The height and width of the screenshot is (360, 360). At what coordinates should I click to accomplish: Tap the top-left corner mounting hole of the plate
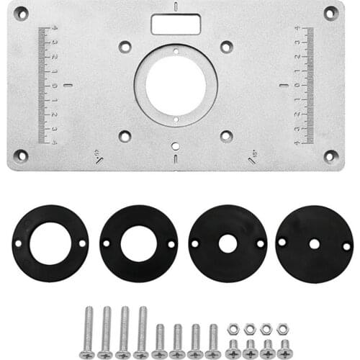[21, 13]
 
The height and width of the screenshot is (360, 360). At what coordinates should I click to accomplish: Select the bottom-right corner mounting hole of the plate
[330, 155]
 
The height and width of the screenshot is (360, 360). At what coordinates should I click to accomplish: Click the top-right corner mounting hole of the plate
[330, 12]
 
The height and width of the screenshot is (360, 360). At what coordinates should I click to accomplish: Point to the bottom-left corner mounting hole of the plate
[21, 155]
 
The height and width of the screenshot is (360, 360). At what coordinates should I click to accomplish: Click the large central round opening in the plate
[175, 85]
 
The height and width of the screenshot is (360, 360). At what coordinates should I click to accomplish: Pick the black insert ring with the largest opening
[50, 243]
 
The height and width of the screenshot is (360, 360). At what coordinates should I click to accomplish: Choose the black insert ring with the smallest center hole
[314, 244]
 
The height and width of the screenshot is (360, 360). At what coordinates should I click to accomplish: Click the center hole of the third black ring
[228, 243]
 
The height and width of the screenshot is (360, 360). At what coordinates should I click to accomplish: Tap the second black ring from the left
[138, 243]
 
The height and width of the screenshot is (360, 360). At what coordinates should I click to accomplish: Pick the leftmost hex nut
[233, 329]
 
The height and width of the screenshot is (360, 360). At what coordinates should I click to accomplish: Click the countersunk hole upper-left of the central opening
[125, 46]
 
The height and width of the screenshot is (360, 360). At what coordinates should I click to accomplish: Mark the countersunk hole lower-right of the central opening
[226, 135]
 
